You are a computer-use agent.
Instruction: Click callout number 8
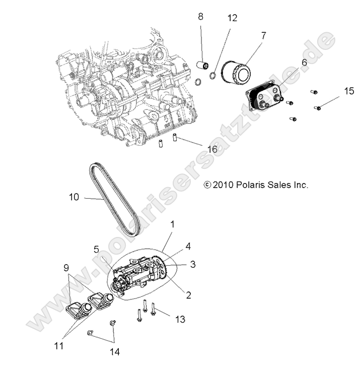pos(200,17)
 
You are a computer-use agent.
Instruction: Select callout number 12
pos(232,19)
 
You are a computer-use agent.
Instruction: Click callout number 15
pos(335,91)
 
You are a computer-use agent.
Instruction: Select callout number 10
pos(74,197)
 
